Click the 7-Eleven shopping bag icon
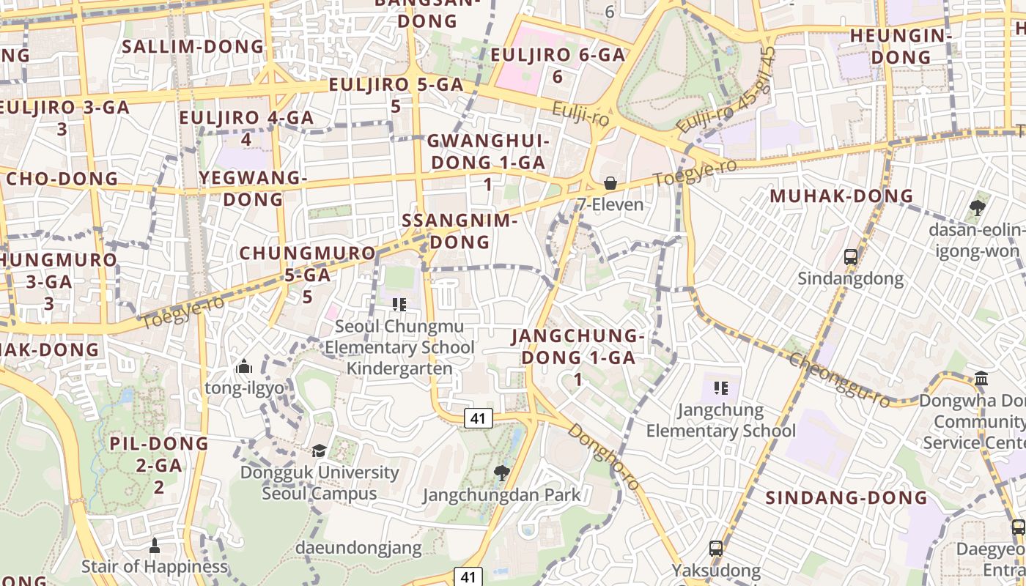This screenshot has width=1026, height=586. (610, 183)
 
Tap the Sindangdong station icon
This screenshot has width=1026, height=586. (851, 257)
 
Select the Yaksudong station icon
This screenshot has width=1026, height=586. (716, 548)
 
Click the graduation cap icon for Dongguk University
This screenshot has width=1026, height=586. (319, 450)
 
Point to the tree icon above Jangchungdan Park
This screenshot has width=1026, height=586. (502, 473)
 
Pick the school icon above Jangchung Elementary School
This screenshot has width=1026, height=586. (721, 387)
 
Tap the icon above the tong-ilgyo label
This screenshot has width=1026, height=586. (244, 366)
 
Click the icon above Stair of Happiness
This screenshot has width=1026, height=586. (154, 545)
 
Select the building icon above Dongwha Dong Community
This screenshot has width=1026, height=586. (981, 379)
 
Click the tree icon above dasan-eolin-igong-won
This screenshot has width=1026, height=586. (977, 208)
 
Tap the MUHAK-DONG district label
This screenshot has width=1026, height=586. (842, 196)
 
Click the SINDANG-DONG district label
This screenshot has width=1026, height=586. (846, 498)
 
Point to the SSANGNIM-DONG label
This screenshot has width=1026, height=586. (460, 231)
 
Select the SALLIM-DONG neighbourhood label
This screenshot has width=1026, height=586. (193, 47)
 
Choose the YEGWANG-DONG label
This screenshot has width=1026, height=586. (253, 188)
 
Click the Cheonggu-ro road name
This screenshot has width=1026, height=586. (840, 379)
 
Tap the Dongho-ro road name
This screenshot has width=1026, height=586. (604, 457)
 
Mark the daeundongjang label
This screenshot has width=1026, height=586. (358, 547)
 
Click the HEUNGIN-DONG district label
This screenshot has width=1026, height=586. (901, 46)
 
